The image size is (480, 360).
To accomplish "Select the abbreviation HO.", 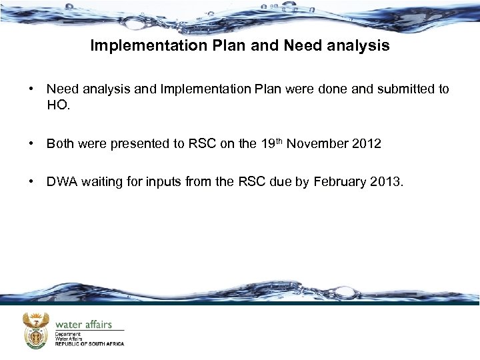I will click(58, 105).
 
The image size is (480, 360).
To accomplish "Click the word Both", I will click(61, 143).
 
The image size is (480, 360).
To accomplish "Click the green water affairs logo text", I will click(83, 324).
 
